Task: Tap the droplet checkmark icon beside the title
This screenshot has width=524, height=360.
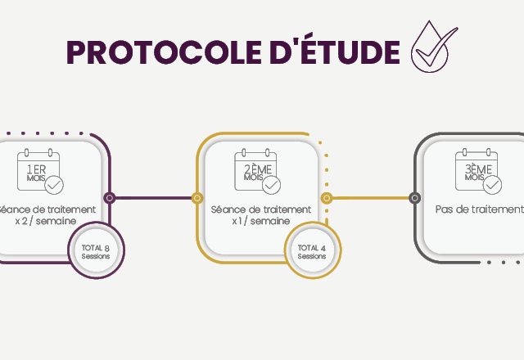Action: click(433, 47)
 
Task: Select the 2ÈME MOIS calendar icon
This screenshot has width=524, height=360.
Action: click(255, 169)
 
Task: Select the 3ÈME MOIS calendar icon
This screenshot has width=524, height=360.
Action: click(477, 169)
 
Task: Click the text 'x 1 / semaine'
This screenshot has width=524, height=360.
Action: click(260, 221)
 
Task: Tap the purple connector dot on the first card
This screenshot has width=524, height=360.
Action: click(110, 197)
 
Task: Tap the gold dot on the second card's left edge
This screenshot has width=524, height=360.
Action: click(196, 197)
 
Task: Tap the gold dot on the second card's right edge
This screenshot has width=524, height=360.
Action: click(327, 197)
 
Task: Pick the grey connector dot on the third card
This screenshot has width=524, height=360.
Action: click(414, 197)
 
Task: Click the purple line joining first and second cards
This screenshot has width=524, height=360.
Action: click(153, 197)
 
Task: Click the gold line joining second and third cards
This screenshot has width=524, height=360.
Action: click(370, 197)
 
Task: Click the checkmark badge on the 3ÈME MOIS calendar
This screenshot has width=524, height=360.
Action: click(492, 185)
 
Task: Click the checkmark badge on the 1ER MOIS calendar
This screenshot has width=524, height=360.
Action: click(54, 185)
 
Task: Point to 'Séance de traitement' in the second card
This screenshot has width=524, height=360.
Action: click(260, 209)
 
